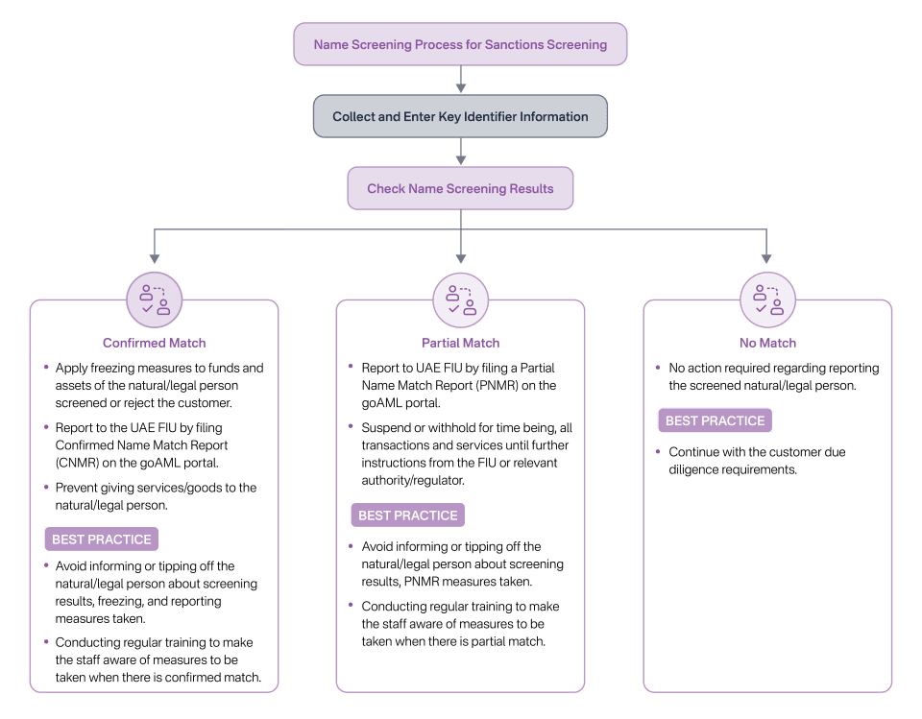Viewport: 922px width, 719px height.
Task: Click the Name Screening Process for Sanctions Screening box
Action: (x=460, y=44)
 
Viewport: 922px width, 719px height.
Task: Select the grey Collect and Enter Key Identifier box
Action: (x=460, y=116)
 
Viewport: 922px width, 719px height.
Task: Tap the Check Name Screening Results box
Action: (x=460, y=188)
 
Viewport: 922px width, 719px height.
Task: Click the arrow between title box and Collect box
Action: (x=461, y=80)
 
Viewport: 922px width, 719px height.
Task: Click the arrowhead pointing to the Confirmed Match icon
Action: (x=155, y=258)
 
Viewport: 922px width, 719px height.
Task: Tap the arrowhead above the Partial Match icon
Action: (x=461, y=258)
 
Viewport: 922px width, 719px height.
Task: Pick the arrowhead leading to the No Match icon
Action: (x=766, y=258)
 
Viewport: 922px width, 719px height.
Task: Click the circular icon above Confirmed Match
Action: (x=155, y=300)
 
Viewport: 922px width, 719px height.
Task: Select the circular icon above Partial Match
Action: (x=461, y=300)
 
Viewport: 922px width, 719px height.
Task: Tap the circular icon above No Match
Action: (x=767, y=300)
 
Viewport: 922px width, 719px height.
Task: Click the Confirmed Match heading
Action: (x=155, y=343)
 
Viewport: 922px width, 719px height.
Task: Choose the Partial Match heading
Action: (x=461, y=343)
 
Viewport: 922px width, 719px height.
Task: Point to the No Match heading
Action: (x=767, y=343)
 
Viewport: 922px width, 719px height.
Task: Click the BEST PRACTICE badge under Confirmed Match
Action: (x=102, y=539)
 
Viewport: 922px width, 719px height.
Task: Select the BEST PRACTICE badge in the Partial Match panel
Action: (x=408, y=515)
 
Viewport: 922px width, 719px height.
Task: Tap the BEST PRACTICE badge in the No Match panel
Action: (x=715, y=420)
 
